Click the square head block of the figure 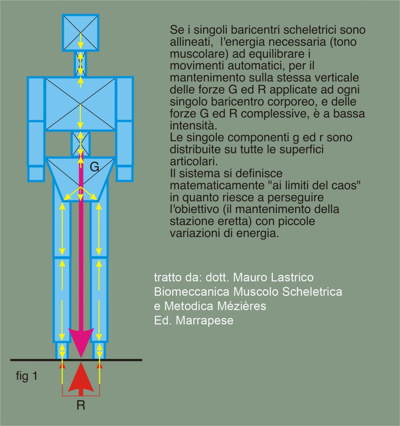pyautogui.click(x=81, y=33)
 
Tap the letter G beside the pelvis pyautogui.click(x=94, y=167)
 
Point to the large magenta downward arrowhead pyautogui.click(x=81, y=341)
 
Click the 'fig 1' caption pyautogui.click(x=27, y=376)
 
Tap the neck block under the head pyautogui.click(x=81, y=63)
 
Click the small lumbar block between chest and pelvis pyautogui.click(x=81, y=144)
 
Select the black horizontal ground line pyautogui.click(x=35, y=360)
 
